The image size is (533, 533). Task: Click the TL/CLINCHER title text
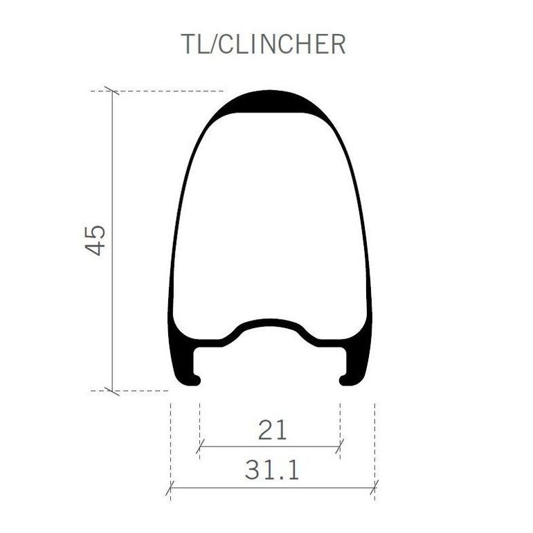point(263,44)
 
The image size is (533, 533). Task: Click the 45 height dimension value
point(96,240)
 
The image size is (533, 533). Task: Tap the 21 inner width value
point(272,430)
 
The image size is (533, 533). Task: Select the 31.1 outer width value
point(272,470)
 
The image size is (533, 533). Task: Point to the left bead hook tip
point(197,380)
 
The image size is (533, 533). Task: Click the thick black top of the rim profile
point(269,101)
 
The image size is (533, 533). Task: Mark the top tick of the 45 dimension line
point(112,91)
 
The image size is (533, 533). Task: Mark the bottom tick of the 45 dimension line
point(112,391)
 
